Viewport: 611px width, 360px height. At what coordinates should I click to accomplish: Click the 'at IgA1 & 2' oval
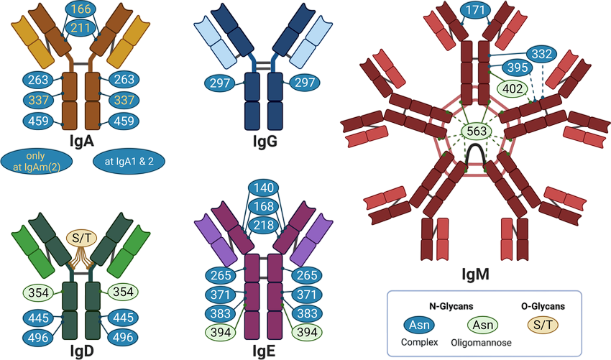tap(129, 161)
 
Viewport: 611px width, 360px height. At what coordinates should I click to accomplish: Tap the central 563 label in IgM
tap(477, 131)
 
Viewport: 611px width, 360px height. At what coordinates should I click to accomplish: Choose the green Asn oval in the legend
tap(482, 326)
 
